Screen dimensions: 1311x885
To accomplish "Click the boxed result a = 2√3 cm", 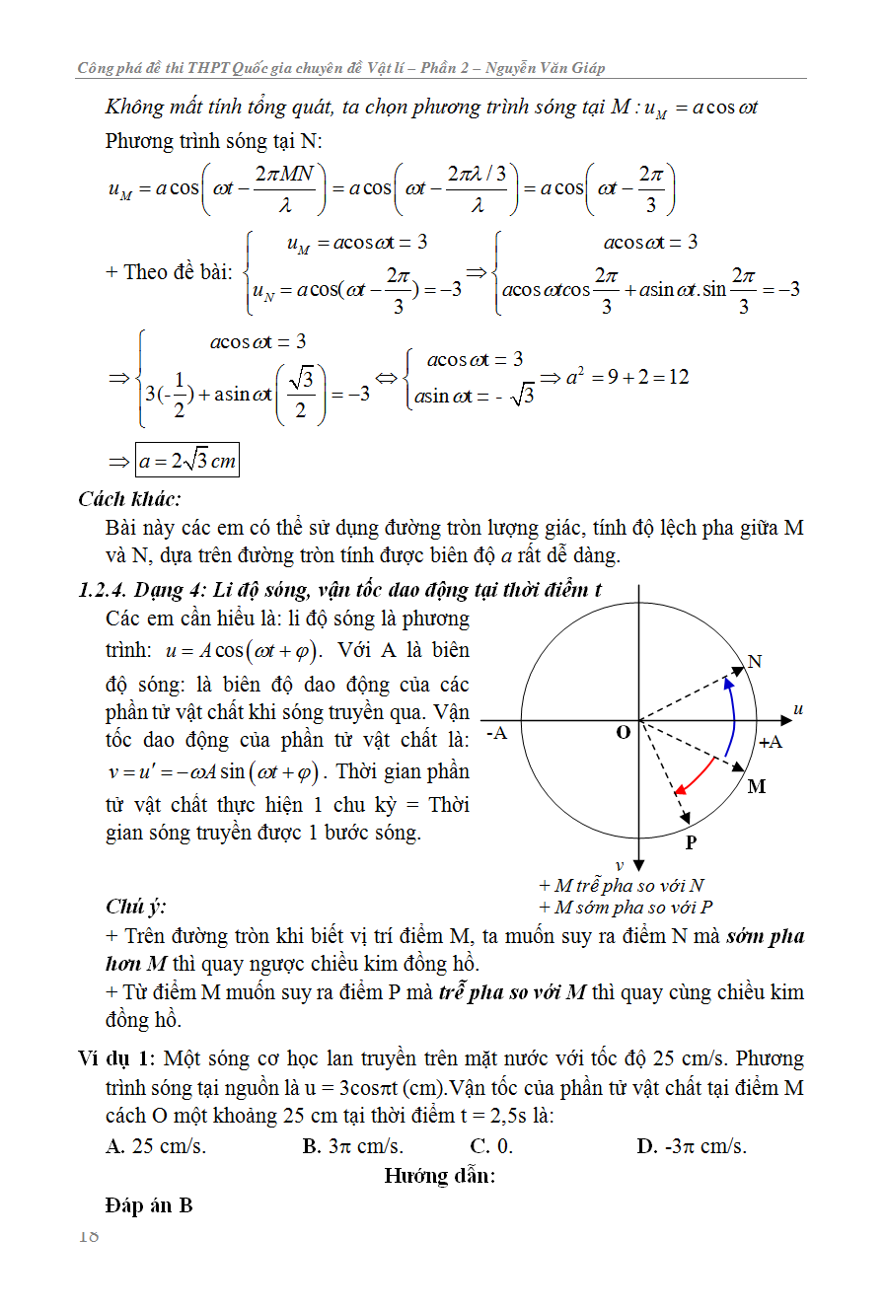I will pos(187,461).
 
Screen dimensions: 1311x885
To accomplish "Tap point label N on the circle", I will pos(755,661).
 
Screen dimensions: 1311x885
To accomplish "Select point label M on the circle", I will pos(757,786).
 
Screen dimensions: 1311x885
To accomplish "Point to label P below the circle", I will pos(691,842).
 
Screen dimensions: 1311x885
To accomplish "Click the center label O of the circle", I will pos(623,732).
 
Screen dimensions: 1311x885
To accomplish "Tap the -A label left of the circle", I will pos(497,732).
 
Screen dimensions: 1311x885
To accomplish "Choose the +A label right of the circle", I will pos(771,742).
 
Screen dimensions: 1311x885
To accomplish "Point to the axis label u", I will pos(797,708).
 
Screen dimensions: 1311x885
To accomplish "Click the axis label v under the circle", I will pos(620,865).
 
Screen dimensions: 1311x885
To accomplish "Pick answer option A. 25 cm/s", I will pos(156,1146).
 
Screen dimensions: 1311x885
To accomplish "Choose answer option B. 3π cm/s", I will pos(352,1146).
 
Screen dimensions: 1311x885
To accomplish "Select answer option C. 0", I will pos(491,1146).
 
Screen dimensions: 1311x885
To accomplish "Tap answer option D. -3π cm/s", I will pos(692,1146).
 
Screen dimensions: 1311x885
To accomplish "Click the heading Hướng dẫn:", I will pos(439,1175).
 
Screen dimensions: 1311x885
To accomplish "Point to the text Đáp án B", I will pos(149,1205).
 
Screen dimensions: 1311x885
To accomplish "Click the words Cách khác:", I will pos(129,499).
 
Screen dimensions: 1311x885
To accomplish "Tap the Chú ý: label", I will pos(135,907).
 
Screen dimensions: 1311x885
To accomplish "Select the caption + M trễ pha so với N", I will pos(622,886).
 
